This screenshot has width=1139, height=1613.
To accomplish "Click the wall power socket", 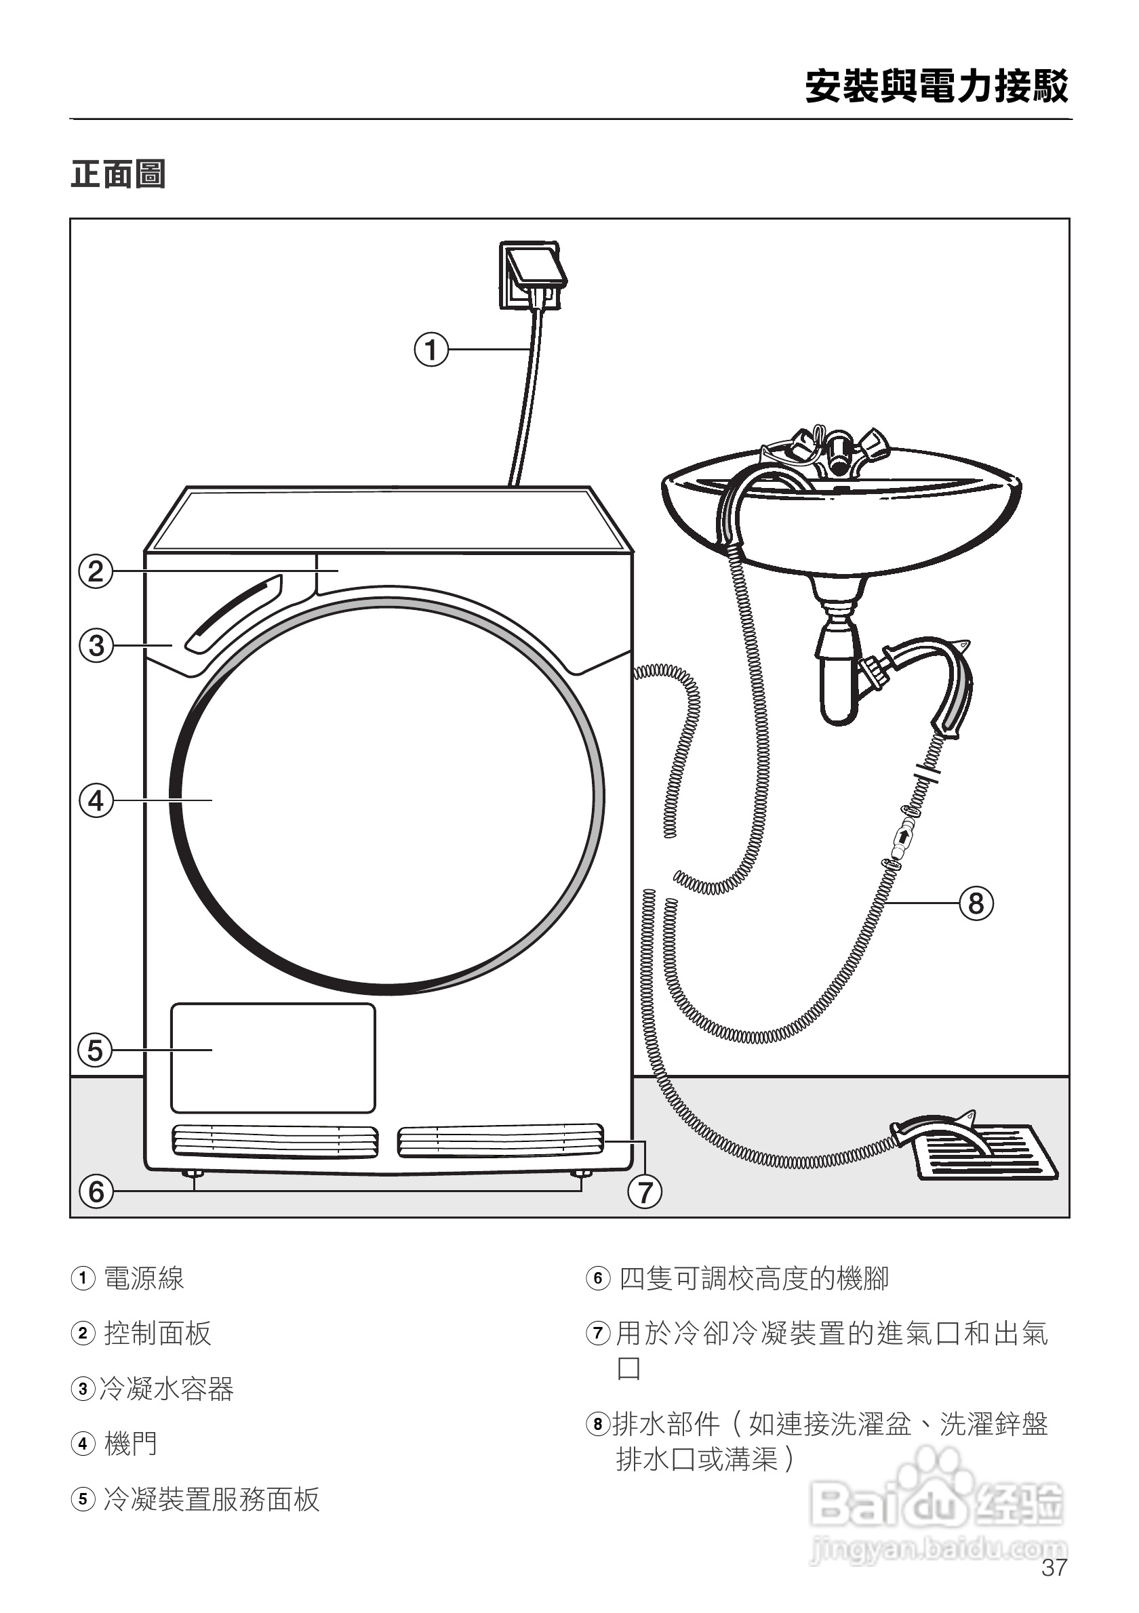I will click(x=532, y=275).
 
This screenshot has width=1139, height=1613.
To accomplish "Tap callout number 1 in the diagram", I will click(x=431, y=348).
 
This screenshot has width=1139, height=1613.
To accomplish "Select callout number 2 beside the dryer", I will click(x=96, y=571).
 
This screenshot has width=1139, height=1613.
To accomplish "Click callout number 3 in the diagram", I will click(x=96, y=645).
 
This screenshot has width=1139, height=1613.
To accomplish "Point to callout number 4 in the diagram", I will click(x=96, y=800).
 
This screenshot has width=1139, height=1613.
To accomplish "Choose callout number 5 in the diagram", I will click(x=96, y=1050).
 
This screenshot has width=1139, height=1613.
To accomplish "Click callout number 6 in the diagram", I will click(x=96, y=1191).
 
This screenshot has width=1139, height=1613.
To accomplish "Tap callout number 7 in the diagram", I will click(x=645, y=1192).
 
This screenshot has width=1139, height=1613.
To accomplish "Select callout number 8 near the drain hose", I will click(x=976, y=903).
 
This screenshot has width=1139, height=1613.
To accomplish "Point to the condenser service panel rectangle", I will click(x=273, y=1058).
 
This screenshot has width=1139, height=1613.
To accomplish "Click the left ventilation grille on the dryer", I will click(x=275, y=1141).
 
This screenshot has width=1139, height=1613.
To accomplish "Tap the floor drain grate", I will click(x=984, y=1153).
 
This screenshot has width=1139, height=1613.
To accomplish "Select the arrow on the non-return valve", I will click(x=903, y=835).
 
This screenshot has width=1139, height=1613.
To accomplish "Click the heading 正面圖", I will click(x=118, y=175).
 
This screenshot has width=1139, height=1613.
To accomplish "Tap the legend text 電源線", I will click(x=144, y=1278).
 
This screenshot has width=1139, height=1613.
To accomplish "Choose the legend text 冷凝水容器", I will click(x=167, y=1389).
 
